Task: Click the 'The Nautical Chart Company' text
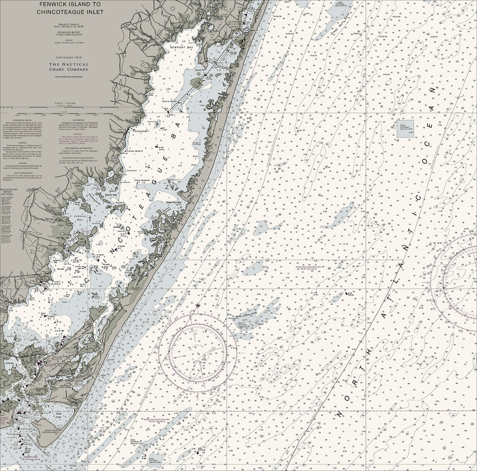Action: [x=69, y=66]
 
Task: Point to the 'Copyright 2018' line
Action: [x=69, y=57]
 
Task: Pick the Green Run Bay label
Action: [x=174, y=202]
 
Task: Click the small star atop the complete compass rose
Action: [x=198, y=306]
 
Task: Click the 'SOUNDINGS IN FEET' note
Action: [x=69, y=33]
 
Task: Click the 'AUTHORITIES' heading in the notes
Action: [x=77, y=120]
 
